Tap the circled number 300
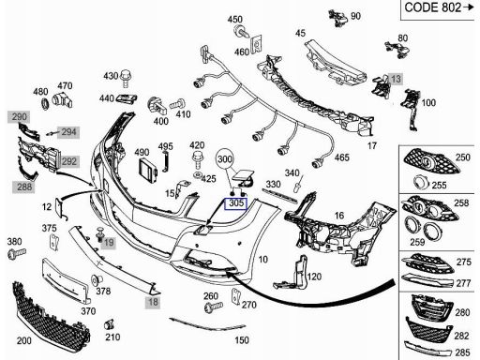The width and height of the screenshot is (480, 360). [225, 159]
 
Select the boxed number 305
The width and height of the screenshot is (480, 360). [236, 203]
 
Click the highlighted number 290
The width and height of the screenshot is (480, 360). [19, 117]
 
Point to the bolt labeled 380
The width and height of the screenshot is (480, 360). [17, 253]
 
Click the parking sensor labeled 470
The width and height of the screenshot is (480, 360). [62, 100]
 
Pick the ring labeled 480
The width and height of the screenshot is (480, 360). [45, 103]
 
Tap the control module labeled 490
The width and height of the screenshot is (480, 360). [148, 171]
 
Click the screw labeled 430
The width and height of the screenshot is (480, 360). [126, 78]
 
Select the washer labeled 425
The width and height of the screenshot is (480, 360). [198, 174]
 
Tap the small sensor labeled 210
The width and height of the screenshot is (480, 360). [109, 325]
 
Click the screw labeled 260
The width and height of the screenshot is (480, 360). [214, 307]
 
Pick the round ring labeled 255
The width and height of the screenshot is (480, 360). [421, 182]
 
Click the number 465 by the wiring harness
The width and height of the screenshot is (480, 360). [341, 157]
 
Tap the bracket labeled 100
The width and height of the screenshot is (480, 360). [411, 108]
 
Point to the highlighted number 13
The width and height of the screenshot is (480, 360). [396, 79]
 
